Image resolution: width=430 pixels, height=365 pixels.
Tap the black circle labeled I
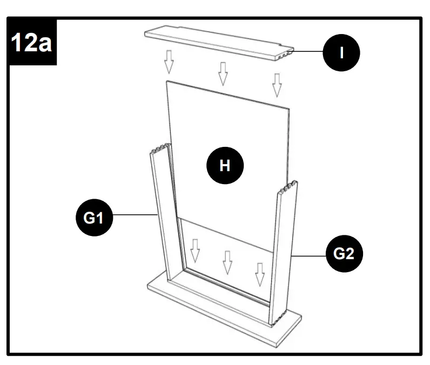click(341, 53)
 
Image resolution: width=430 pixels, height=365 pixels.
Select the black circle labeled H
click(225, 166)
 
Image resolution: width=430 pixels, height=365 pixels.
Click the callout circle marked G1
click(93, 218)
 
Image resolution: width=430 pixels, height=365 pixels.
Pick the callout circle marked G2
click(344, 253)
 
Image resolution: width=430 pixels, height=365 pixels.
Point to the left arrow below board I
click(169, 62)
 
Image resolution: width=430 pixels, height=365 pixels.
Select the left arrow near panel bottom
click(195, 249)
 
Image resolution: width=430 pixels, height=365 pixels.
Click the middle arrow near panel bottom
click(227, 262)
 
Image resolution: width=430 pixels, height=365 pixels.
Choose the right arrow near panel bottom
click(260, 274)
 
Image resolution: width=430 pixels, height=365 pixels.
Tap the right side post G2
click(284, 254)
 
